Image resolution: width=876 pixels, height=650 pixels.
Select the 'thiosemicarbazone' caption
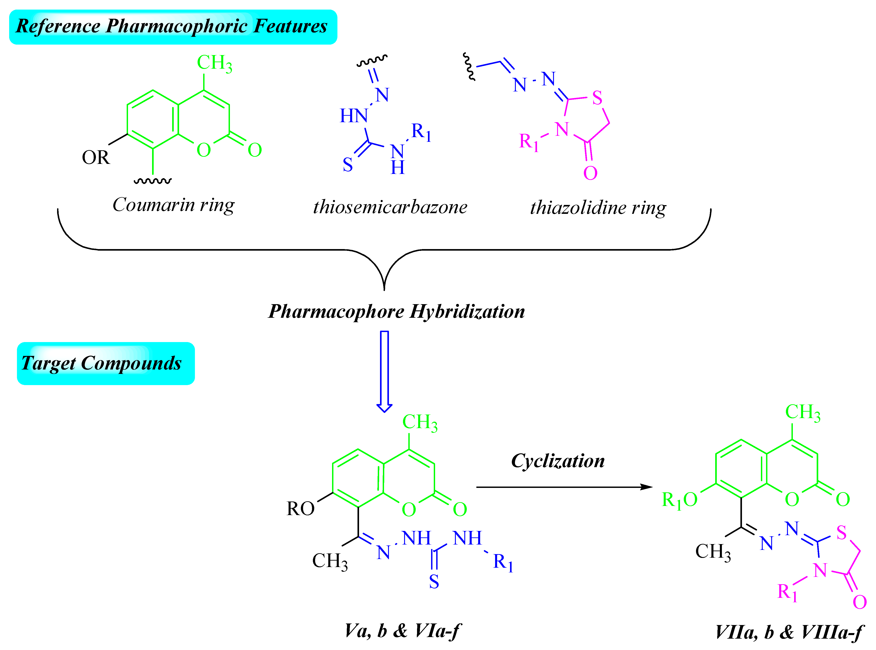click(390, 207)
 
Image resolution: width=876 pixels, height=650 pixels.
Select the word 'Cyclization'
click(558, 461)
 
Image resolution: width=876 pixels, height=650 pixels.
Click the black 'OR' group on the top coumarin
click(96, 157)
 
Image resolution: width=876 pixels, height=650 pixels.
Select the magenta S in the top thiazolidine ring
click(597, 98)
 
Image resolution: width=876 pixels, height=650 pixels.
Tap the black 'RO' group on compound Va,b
click(300, 509)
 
